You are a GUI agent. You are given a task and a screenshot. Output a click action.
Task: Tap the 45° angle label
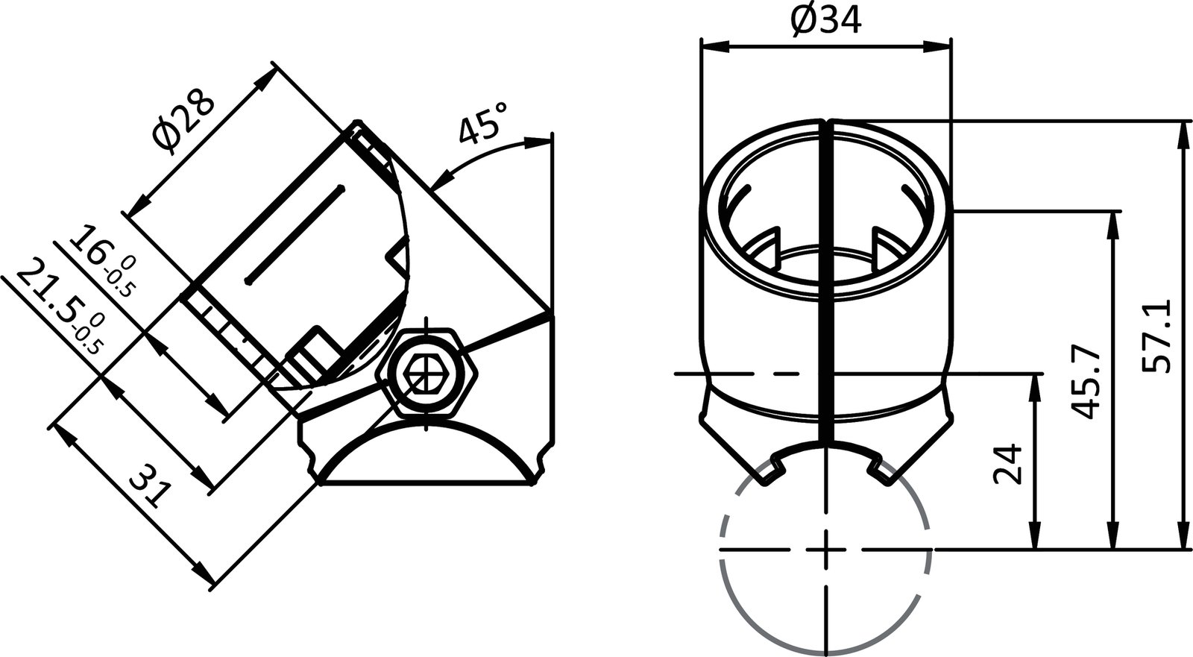[x=483, y=122]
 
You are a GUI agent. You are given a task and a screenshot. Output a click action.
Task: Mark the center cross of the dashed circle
[x=826, y=550]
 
